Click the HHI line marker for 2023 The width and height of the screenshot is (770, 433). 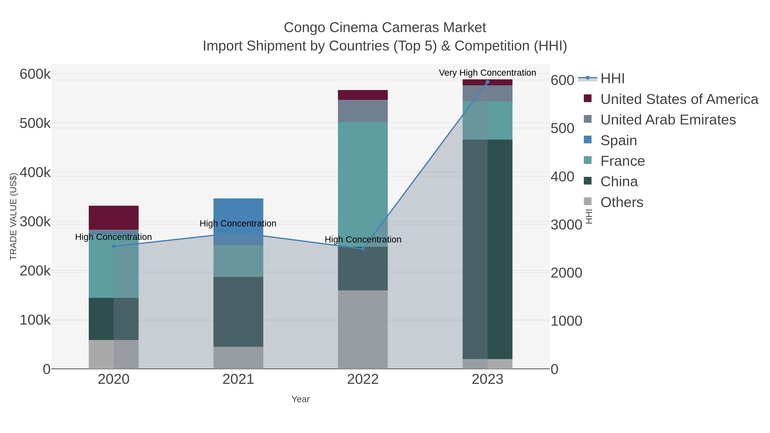487,82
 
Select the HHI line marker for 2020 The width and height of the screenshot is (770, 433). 114,246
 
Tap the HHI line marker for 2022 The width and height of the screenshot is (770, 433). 363,249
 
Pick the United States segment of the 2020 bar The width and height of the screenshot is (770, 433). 114,217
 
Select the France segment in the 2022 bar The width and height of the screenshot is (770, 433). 363,184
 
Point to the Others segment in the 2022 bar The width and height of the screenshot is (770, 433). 363,329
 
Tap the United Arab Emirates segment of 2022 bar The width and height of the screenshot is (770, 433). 363,111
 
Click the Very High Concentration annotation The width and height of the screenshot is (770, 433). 487,73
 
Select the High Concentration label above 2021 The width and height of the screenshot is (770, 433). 238,223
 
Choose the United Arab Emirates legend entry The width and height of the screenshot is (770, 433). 668,120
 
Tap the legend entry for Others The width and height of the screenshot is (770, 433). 622,202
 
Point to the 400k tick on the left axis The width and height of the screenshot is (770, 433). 35,172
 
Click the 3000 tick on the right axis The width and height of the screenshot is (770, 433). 566,225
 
